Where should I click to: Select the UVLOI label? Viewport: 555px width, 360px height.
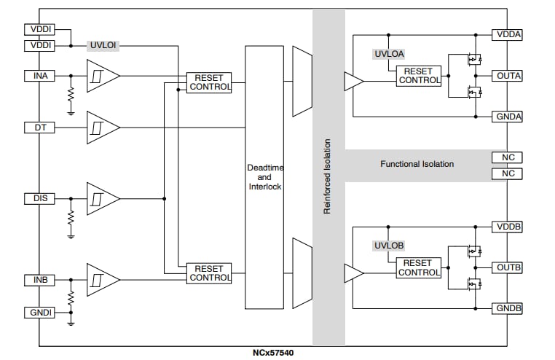pyautogui.click(x=103, y=46)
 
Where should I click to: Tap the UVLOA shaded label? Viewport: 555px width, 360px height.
pyautogui.click(x=389, y=53)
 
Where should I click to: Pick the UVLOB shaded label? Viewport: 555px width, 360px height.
pyautogui.click(x=389, y=246)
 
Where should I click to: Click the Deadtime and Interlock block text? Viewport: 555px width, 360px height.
pyautogui.click(x=264, y=177)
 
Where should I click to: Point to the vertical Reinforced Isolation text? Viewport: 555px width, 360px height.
pyautogui.click(x=328, y=177)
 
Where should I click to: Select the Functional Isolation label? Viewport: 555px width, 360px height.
pyautogui.click(x=417, y=164)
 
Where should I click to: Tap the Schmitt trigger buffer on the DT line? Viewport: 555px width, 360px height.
pyautogui.click(x=102, y=128)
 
